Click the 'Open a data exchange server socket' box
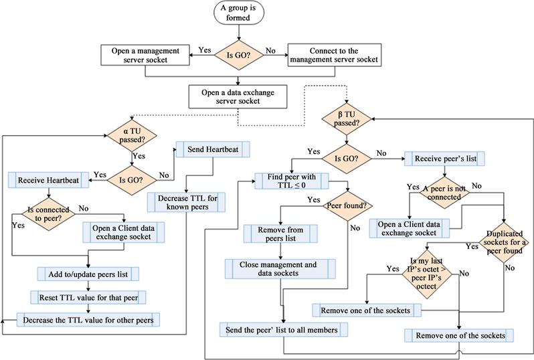click(x=239, y=95)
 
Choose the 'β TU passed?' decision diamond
click(x=345, y=119)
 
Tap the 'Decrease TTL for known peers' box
click(x=187, y=203)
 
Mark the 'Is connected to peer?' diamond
click(x=46, y=215)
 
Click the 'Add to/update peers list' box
click(x=88, y=273)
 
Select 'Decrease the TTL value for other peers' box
click(x=88, y=320)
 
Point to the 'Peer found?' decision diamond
click(x=347, y=205)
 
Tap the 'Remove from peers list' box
click(x=280, y=234)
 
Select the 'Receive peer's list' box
click(x=444, y=159)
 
